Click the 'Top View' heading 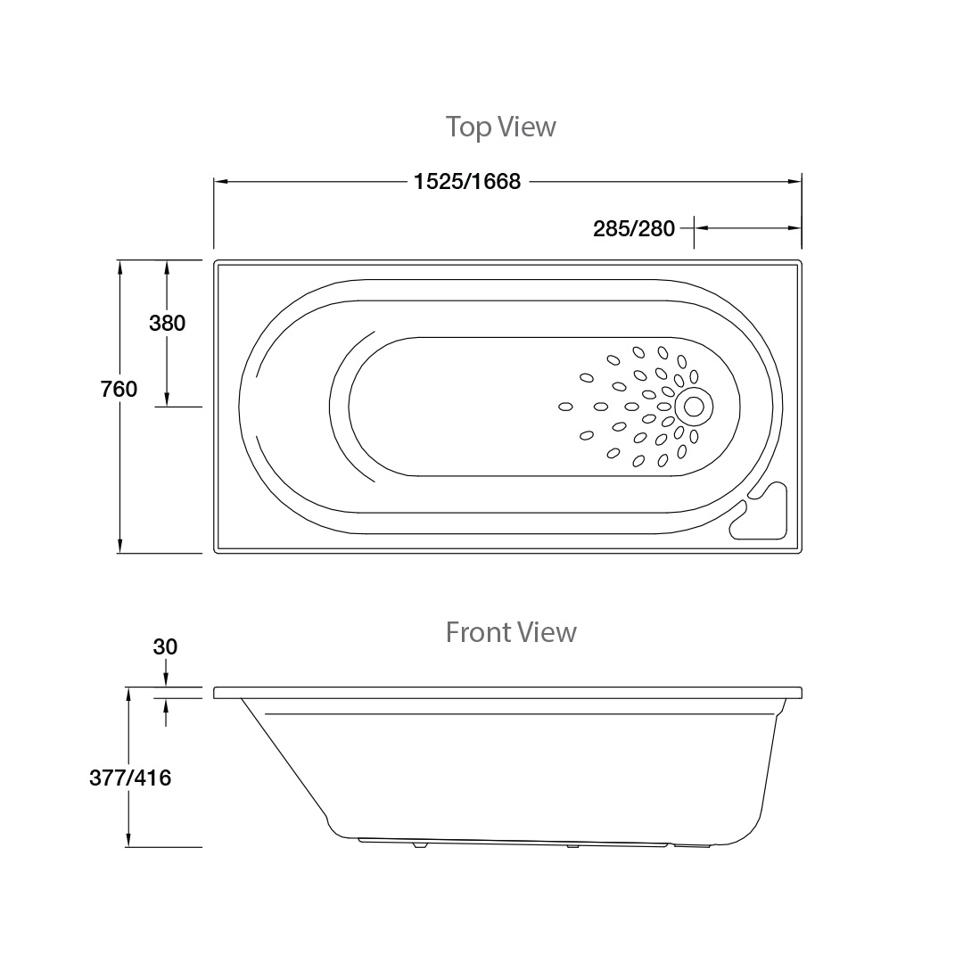pyautogui.click(x=500, y=127)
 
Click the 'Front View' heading pyautogui.click(x=511, y=632)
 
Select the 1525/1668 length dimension pyautogui.click(x=467, y=182)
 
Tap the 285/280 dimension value pyautogui.click(x=634, y=228)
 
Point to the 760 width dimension pyautogui.click(x=119, y=390)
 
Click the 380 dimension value pyautogui.click(x=167, y=323)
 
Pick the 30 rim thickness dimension pyautogui.click(x=165, y=646)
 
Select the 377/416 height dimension pyautogui.click(x=130, y=778)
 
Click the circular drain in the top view pyautogui.click(x=693, y=407)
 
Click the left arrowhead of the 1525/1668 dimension pyautogui.click(x=221, y=182)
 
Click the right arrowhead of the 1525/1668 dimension pyautogui.click(x=794, y=182)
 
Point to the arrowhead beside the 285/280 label pyautogui.click(x=701, y=228)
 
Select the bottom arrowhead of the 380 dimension pyautogui.click(x=167, y=400)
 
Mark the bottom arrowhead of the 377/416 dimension pyautogui.click(x=130, y=840)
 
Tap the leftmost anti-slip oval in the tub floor pyautogui.click(x=565, y=407)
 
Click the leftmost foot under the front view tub pyautogui.click(x=419, y=844)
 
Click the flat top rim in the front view pyautogui.click(x=508, y=693)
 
